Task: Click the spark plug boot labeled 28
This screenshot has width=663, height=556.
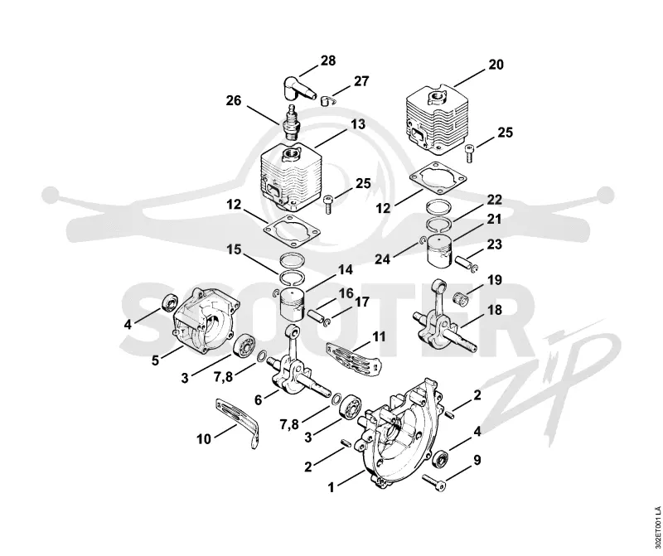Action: point(298,89)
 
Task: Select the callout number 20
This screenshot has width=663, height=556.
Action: point(496,65)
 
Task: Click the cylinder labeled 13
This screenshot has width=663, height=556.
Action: point(291,176)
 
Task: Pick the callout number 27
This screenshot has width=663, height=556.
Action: point(361,80)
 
